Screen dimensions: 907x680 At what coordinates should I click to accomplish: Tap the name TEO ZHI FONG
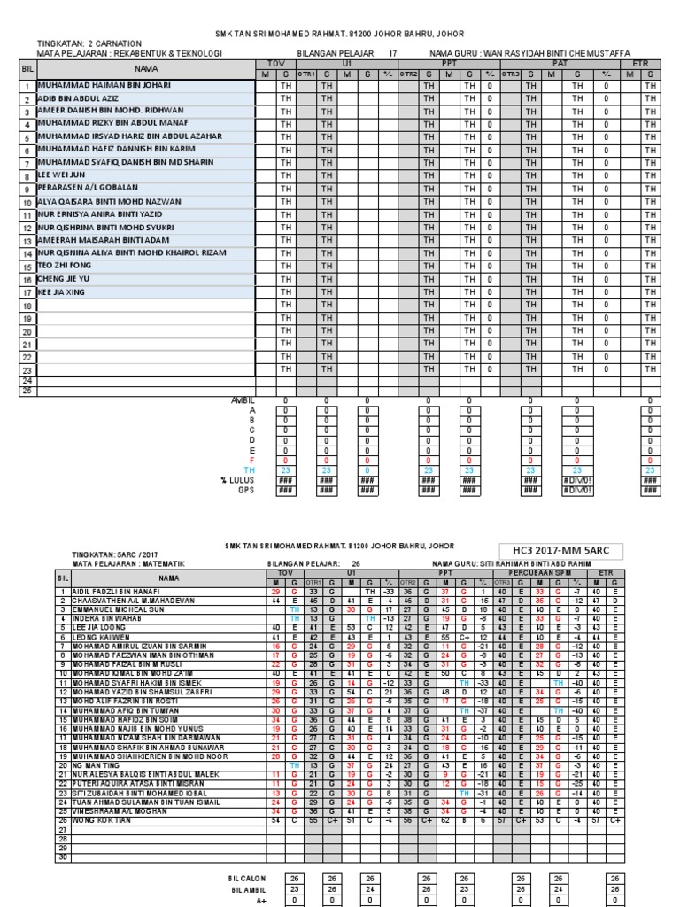tap(64, 265)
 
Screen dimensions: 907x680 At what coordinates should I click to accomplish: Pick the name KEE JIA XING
tap(62, 291)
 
